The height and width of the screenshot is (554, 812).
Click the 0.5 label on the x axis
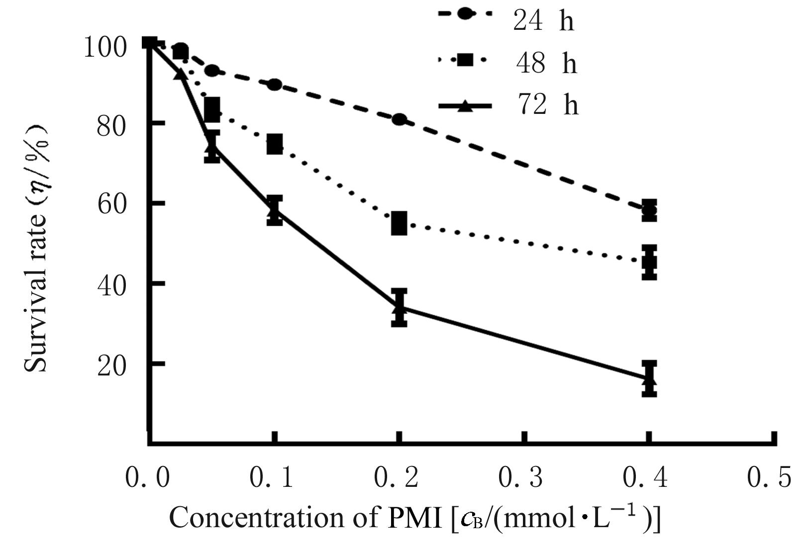(769, 477)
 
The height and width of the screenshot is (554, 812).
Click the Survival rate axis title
(38, 249)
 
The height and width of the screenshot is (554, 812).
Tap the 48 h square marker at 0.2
(399, 223)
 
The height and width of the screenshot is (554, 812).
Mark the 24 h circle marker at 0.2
(399, 119)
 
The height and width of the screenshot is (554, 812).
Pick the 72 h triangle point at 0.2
(399, 307)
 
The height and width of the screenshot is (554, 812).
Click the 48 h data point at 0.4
(649, 262)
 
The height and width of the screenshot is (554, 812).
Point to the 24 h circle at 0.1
(274, 85)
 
